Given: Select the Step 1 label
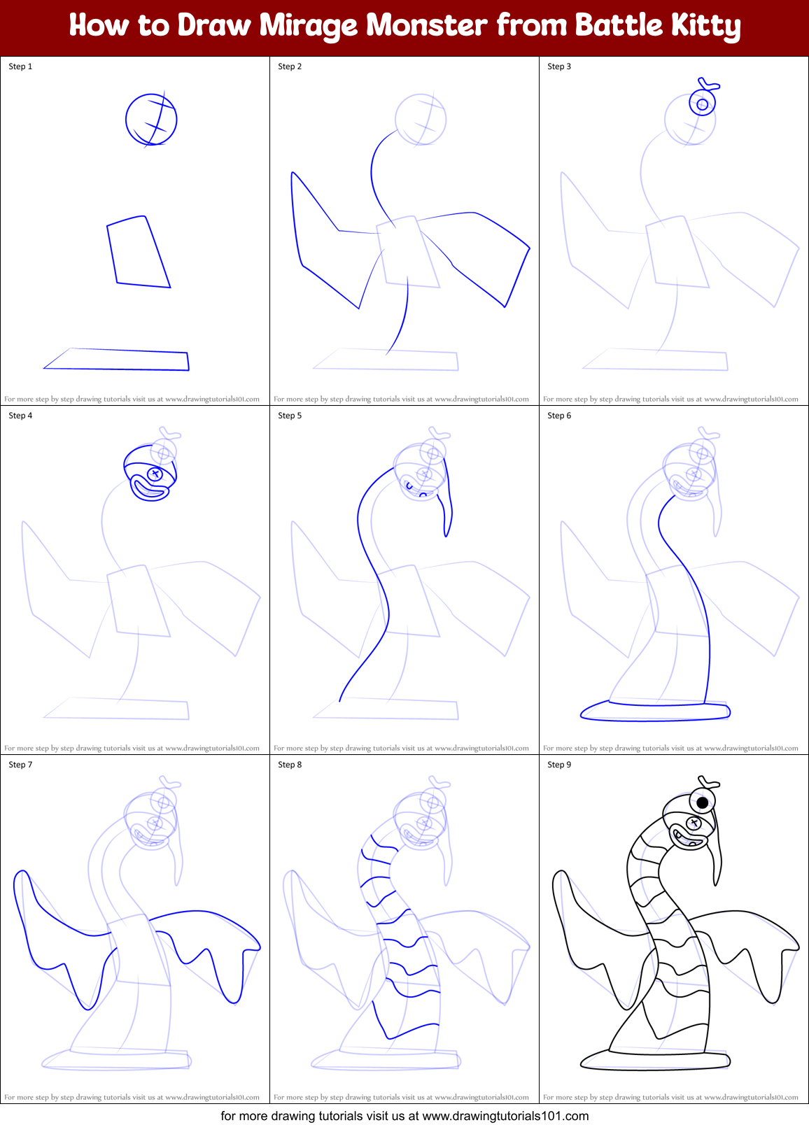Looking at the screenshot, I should pos(20,66).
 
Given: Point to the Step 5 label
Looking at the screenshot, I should pos(290,416).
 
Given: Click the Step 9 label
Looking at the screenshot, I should pos(559,765).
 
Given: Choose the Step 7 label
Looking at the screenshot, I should pos(20,765).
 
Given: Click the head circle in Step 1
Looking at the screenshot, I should pos(151,119).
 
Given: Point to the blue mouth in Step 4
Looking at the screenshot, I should pos(150,490).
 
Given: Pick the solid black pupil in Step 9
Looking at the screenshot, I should pos(703,802).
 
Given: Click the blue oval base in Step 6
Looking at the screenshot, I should pos(655,712).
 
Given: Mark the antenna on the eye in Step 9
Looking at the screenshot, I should pos(708,781).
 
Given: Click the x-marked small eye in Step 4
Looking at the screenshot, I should pos(155,474).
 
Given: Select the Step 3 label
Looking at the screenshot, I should pos(559,66).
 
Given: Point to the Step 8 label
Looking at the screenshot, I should pos(290,765).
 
